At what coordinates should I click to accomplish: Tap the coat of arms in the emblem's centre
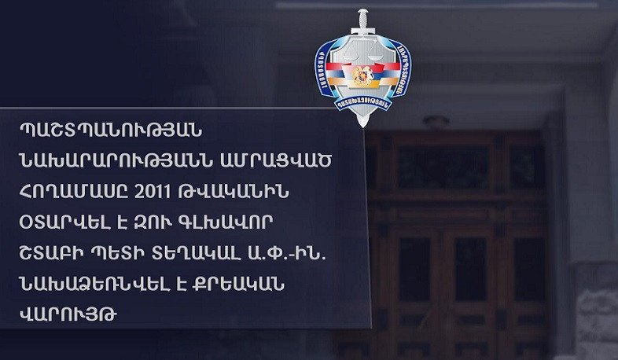362,76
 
